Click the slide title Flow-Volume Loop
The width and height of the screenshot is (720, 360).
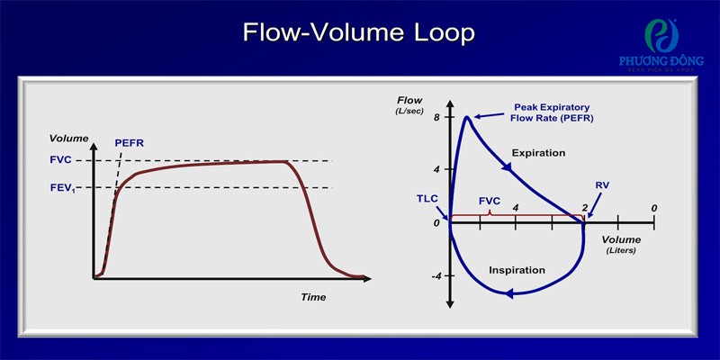coord(358,33)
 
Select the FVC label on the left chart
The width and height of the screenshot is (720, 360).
coord(59,161)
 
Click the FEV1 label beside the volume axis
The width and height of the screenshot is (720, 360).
coord(62,188)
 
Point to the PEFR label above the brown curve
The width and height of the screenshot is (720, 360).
coord(129,143)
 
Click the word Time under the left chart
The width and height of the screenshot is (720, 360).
coord(313,297)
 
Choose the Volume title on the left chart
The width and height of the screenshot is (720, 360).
coord(69,139)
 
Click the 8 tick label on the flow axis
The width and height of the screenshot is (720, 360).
coord(437,117)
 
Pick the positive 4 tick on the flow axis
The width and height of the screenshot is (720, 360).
coord(437,169)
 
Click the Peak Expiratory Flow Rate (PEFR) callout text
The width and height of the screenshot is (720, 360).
coord(552,112)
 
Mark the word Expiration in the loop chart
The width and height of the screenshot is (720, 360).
coord(538,152)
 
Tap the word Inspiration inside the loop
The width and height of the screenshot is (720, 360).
coord(517,269)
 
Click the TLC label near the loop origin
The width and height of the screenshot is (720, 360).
coord(427,199)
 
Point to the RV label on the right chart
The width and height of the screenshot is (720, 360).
coord(602,186)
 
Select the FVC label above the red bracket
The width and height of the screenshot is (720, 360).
coord(490,201)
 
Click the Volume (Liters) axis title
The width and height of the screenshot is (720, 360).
coord(621,245)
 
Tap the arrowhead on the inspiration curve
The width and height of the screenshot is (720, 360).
coord(508,294)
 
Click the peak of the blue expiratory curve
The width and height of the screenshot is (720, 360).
coord(467,118)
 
